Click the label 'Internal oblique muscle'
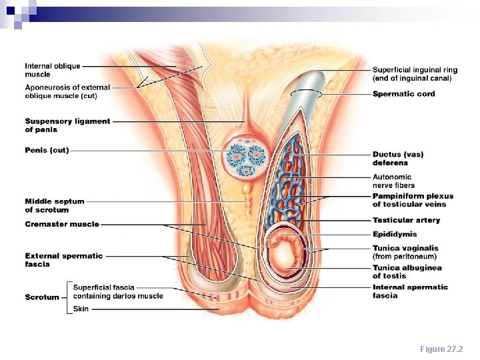53,70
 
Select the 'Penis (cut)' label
47,151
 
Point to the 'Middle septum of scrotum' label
55,205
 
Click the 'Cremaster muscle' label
62,225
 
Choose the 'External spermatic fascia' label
64,259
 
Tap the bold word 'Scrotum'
43,297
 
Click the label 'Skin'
81,309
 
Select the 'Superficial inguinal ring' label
415,73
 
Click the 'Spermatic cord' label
403,94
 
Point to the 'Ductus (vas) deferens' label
398,159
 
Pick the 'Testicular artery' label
406,221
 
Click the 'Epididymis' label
395,235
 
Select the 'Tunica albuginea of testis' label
407,272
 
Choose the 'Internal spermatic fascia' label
410,291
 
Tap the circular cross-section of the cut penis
245,157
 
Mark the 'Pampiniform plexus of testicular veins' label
413,200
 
